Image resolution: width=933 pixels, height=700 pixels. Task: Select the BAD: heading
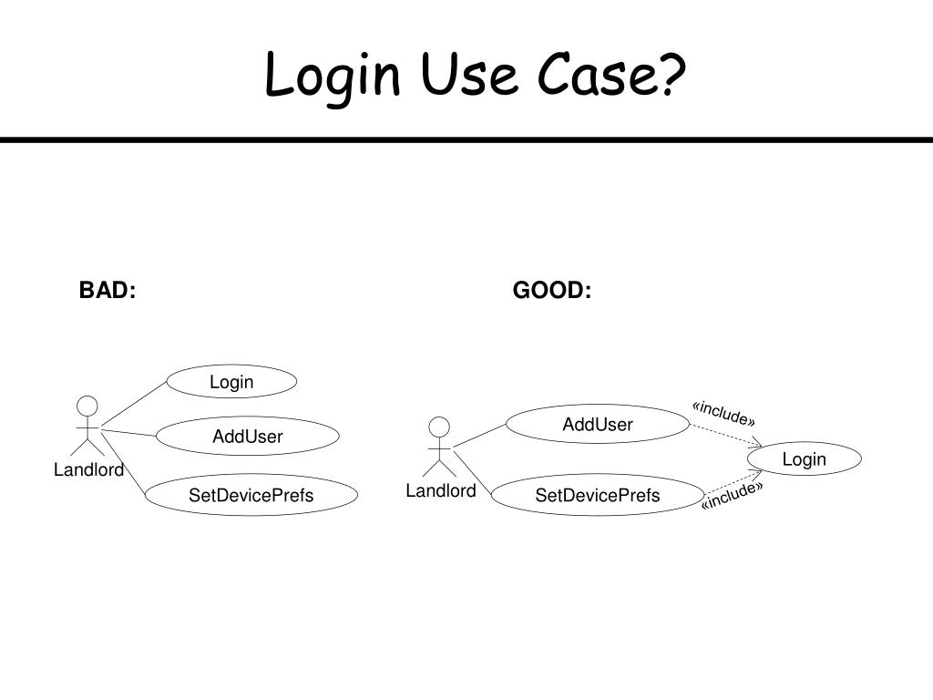(108, 291)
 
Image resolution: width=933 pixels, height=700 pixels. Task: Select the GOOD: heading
(552, 291)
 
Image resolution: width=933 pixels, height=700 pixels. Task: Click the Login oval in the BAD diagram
(231, 382)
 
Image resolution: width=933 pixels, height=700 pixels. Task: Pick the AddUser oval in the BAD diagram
(248, 437)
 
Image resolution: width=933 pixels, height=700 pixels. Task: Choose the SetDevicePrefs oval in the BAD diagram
(251, 496)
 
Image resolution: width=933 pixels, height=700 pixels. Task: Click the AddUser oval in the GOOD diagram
(598, 424)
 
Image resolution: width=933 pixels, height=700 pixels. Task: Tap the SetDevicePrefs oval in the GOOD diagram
(598, 496)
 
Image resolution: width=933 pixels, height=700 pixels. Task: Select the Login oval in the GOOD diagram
(804, 459)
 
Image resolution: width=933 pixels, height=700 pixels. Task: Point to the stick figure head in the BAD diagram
(87, 406)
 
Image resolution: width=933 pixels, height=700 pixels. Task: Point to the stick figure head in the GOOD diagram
(440, 427)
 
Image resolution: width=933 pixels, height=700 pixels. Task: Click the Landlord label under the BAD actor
(88, 470)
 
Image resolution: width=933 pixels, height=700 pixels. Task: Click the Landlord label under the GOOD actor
(441, 491)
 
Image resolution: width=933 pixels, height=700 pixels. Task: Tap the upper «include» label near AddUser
(723, 412)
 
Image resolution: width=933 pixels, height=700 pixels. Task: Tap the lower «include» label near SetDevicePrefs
(732, 496)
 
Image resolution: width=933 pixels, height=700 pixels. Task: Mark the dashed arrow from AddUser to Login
(724, 435)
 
